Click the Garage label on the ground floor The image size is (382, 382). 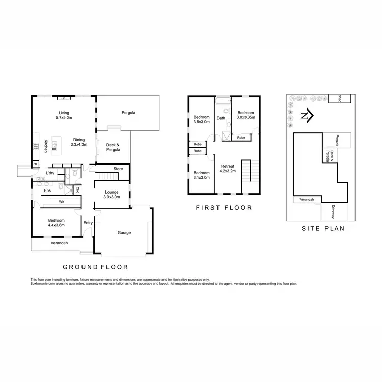(124, 233)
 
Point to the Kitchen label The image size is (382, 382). (46, 146)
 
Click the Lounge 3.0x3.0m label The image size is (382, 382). (112, 194)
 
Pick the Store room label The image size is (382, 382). (118, 169)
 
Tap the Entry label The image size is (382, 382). (88, 222)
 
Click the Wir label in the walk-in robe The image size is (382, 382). (61, 202)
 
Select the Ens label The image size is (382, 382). (47, 190)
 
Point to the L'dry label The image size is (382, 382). (50, 173)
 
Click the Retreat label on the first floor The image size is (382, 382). (227, 169)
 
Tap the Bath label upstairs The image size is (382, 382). (221, 118)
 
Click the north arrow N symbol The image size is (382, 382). (304, 116)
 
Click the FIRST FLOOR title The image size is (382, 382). (224, 208)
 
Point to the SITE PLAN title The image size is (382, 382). (322, 229)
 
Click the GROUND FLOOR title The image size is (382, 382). (95, 267)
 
